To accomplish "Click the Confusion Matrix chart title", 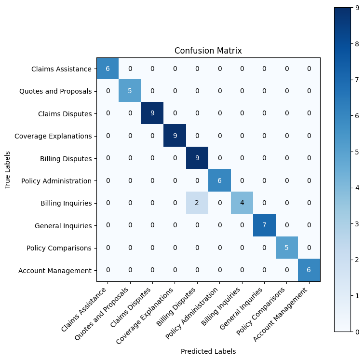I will pos(208,51).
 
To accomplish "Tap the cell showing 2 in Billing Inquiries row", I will pos(197,203).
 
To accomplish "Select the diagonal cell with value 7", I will pos(264,225).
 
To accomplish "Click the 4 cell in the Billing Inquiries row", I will pos(242,203).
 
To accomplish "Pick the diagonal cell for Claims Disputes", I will pos(152,113).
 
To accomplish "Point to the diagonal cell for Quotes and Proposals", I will pos(130,91).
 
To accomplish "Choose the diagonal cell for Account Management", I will pos(309,270).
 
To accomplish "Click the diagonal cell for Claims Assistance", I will pos(108,69).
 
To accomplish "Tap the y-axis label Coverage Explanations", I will pos(53,136).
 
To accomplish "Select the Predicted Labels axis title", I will pos(208,351).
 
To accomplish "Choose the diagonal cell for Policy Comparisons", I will pos(287,248).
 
